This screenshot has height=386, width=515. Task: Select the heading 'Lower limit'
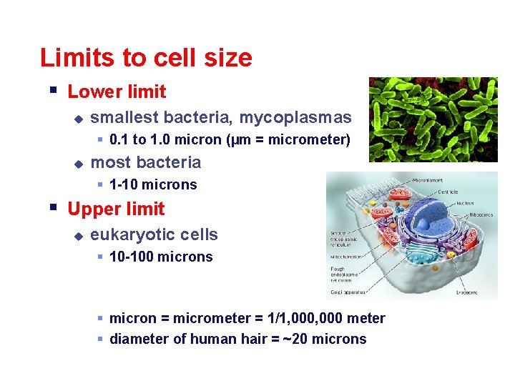(117, 91)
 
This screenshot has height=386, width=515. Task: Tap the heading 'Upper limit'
(116, 209)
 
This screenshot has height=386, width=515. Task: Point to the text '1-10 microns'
(153, 184)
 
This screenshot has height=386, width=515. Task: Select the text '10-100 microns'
(161, 257)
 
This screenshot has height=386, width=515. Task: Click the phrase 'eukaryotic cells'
(154, 234)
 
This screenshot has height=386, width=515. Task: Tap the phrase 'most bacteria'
(146, 162)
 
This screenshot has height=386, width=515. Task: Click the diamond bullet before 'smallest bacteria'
(79, 118)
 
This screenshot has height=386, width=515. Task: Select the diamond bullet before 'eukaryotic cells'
(79, 235)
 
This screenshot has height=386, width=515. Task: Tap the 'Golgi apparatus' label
(348, 292)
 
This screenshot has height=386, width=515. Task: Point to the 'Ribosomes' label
(481, 214)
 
